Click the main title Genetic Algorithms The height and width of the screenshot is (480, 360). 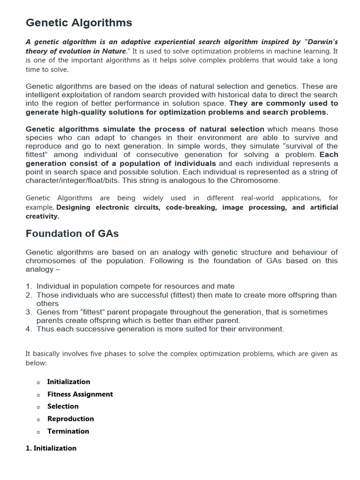point(79,22)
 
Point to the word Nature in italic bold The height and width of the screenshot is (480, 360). point(113,51)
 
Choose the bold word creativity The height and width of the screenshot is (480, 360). point(42,216)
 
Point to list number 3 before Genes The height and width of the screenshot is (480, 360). point(29,312)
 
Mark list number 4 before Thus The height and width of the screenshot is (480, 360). point(29,329)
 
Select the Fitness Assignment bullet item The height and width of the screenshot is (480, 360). point(80,394)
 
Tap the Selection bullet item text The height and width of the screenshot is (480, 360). point(63,406)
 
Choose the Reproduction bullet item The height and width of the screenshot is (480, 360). point(70,419)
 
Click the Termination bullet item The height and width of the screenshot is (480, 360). point(68,431)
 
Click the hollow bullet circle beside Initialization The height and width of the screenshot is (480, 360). point(38,382)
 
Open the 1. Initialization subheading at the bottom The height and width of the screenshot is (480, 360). point(51,448)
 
